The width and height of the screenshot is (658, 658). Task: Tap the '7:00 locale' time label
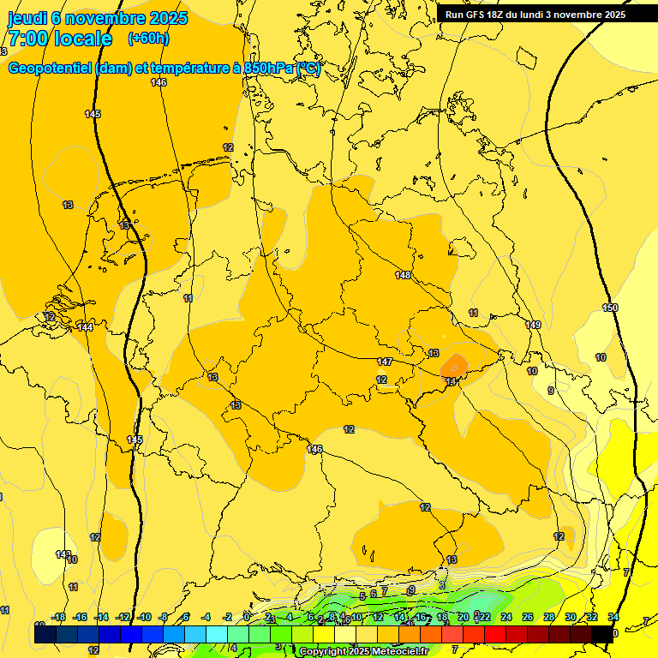tap(60, 39)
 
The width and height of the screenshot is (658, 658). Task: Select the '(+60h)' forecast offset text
tap(148, 39)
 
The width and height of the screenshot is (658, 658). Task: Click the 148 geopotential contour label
tap(404, 275)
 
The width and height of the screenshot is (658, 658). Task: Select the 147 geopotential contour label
tap(385, 362)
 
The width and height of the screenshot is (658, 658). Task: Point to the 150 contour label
tap(610, 308)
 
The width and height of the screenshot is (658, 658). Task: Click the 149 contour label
tap(533, 325)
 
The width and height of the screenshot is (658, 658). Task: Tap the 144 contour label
tap(85, 327)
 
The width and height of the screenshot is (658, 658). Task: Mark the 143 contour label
tap(63, 554)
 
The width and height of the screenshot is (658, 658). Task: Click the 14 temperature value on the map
tap(451, 381)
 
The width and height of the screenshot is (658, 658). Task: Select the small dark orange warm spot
tap(454, 366)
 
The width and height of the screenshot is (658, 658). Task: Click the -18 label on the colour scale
tap(58, 617)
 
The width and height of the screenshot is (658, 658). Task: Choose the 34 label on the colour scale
tap(613, 617)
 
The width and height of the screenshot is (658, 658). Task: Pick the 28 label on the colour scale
tap(548, 617)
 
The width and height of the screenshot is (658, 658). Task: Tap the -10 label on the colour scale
tap(144, 617)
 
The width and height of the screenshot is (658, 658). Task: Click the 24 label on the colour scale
tap(505, 617)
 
